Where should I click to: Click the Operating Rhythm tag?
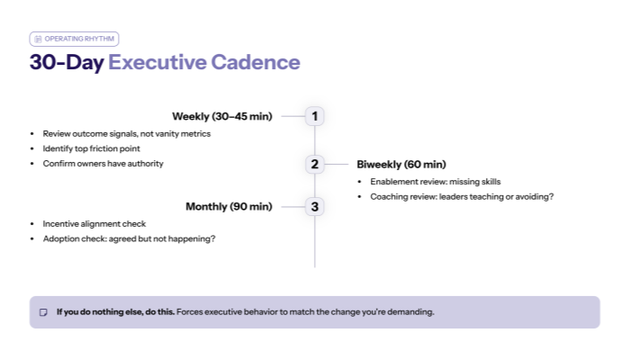click(74, 39)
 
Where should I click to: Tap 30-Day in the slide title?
click(67, 62)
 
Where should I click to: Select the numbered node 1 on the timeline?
click(314, 116)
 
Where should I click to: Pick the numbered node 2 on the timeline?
click(314, 164)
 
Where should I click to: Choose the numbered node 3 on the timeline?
click(314, 207)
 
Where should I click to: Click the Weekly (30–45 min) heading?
click(222, 116)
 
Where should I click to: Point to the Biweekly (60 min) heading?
click(400, 164)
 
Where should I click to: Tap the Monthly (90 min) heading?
click(229, 207)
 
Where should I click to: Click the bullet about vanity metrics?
click(126, 133)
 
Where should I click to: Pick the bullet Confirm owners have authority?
click(103, 163)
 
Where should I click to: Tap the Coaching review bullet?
click(461, 195)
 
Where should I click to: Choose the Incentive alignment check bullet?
click(94, 223)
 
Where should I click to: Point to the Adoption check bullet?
click(129, 238)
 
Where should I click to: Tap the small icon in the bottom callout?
click(43, 312)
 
